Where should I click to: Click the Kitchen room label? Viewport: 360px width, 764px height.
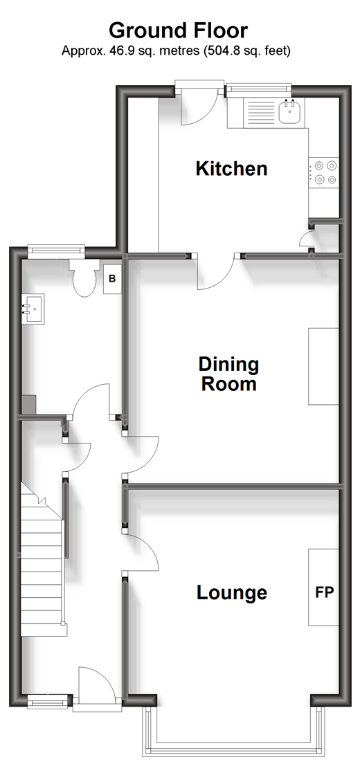click(231, 169)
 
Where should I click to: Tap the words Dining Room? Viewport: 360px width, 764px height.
click(229, 374)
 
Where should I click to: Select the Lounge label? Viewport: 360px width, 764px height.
click(232, 592)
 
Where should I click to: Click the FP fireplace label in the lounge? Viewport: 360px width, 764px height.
click(325, 592)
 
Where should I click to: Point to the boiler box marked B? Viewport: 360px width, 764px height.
click(113, 279)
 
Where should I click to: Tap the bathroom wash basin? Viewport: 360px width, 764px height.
click(33, 309)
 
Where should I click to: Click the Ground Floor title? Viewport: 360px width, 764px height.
click(179, 30)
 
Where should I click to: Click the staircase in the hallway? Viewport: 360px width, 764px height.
click(42, 558)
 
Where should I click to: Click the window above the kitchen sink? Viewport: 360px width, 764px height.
click(258, 88)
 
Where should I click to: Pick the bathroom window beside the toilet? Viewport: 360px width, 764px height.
click(54, 251)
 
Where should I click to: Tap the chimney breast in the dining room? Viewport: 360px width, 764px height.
click(323, 366)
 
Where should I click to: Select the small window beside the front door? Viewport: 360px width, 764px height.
click(47, 701)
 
